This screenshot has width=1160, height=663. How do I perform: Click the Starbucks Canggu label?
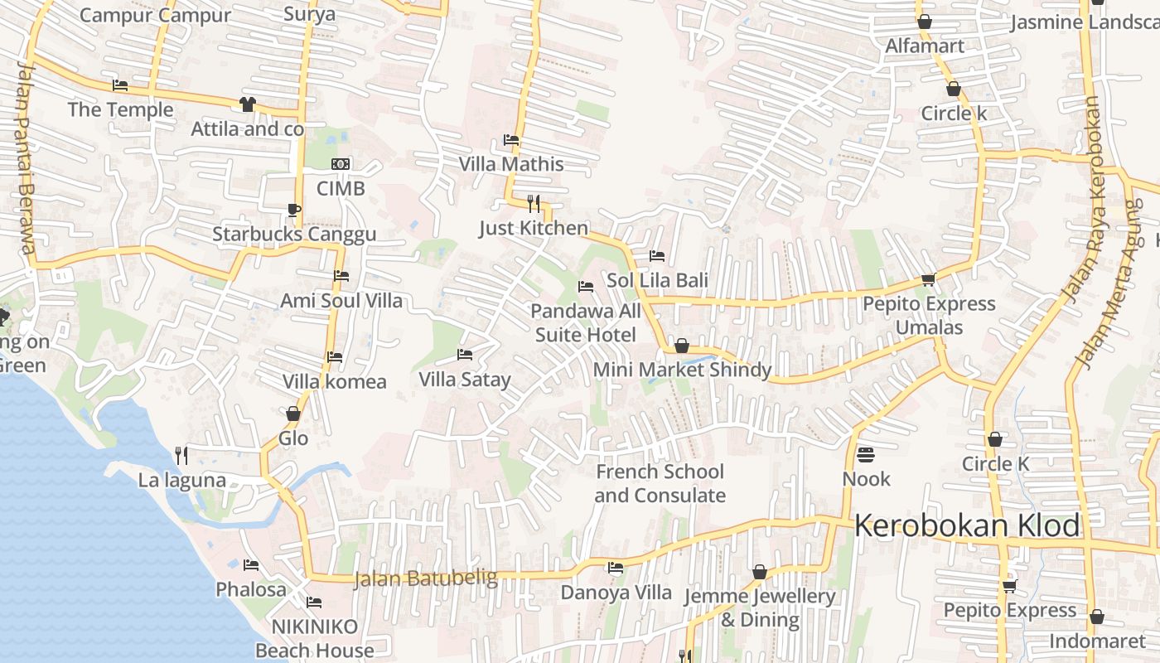click(x=294, y=234)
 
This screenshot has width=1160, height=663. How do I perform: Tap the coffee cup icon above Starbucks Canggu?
click(x=293, y=209)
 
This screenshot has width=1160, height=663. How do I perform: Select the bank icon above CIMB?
click(x=340, y=164)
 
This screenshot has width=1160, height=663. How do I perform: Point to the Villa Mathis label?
click(x=511, y=164)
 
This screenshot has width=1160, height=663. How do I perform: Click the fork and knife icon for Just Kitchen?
click(x=534, y=202)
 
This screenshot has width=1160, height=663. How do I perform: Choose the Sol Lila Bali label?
click(x=657, y=280)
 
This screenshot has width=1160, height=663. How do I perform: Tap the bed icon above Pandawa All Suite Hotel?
click(x=586, y=288)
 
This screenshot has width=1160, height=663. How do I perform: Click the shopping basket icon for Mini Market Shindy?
click(x=682, y=346)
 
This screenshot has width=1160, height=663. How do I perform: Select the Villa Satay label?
click(x=465, y=380)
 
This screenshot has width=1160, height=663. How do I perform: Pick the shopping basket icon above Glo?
click(x=292, y=414)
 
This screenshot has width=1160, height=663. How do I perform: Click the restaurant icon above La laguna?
click(x=181, y=455)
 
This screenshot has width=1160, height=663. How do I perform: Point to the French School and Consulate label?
click(x=660, y=483)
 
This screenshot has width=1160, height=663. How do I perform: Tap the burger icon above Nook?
click(x=866, y=454)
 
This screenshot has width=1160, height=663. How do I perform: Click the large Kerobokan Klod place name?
click(x=967, y=525)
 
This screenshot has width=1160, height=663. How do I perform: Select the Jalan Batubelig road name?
click(x=425, y=578)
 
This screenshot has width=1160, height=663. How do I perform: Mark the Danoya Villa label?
click(x=616, y=593)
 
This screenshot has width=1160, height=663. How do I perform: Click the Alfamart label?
click(x=925, y=46)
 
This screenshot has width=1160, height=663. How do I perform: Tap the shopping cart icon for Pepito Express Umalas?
click(x=928, y=280)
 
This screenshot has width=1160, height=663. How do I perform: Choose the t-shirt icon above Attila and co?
click(x=247, y=104)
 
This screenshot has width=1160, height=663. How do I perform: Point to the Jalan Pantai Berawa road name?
click(x=25, y=157)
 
